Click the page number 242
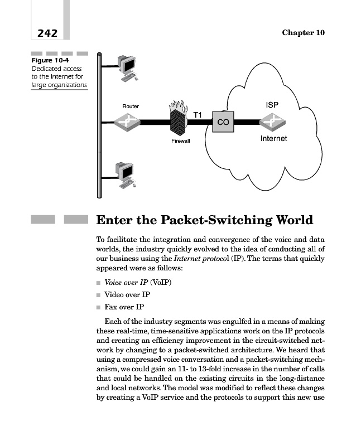tap(47, 33)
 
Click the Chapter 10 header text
tap(303, 33)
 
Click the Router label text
tap(131, 106)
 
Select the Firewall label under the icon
tap(180, 141)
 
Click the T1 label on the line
tap(198, 114)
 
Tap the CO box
tap(223, 122)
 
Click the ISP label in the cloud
tap(272, 105)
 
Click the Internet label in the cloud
tap(273, 138)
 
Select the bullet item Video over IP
tap(127, 294)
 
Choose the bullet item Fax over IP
tap(124, 307)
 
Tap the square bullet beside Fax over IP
tap(99, 307)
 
